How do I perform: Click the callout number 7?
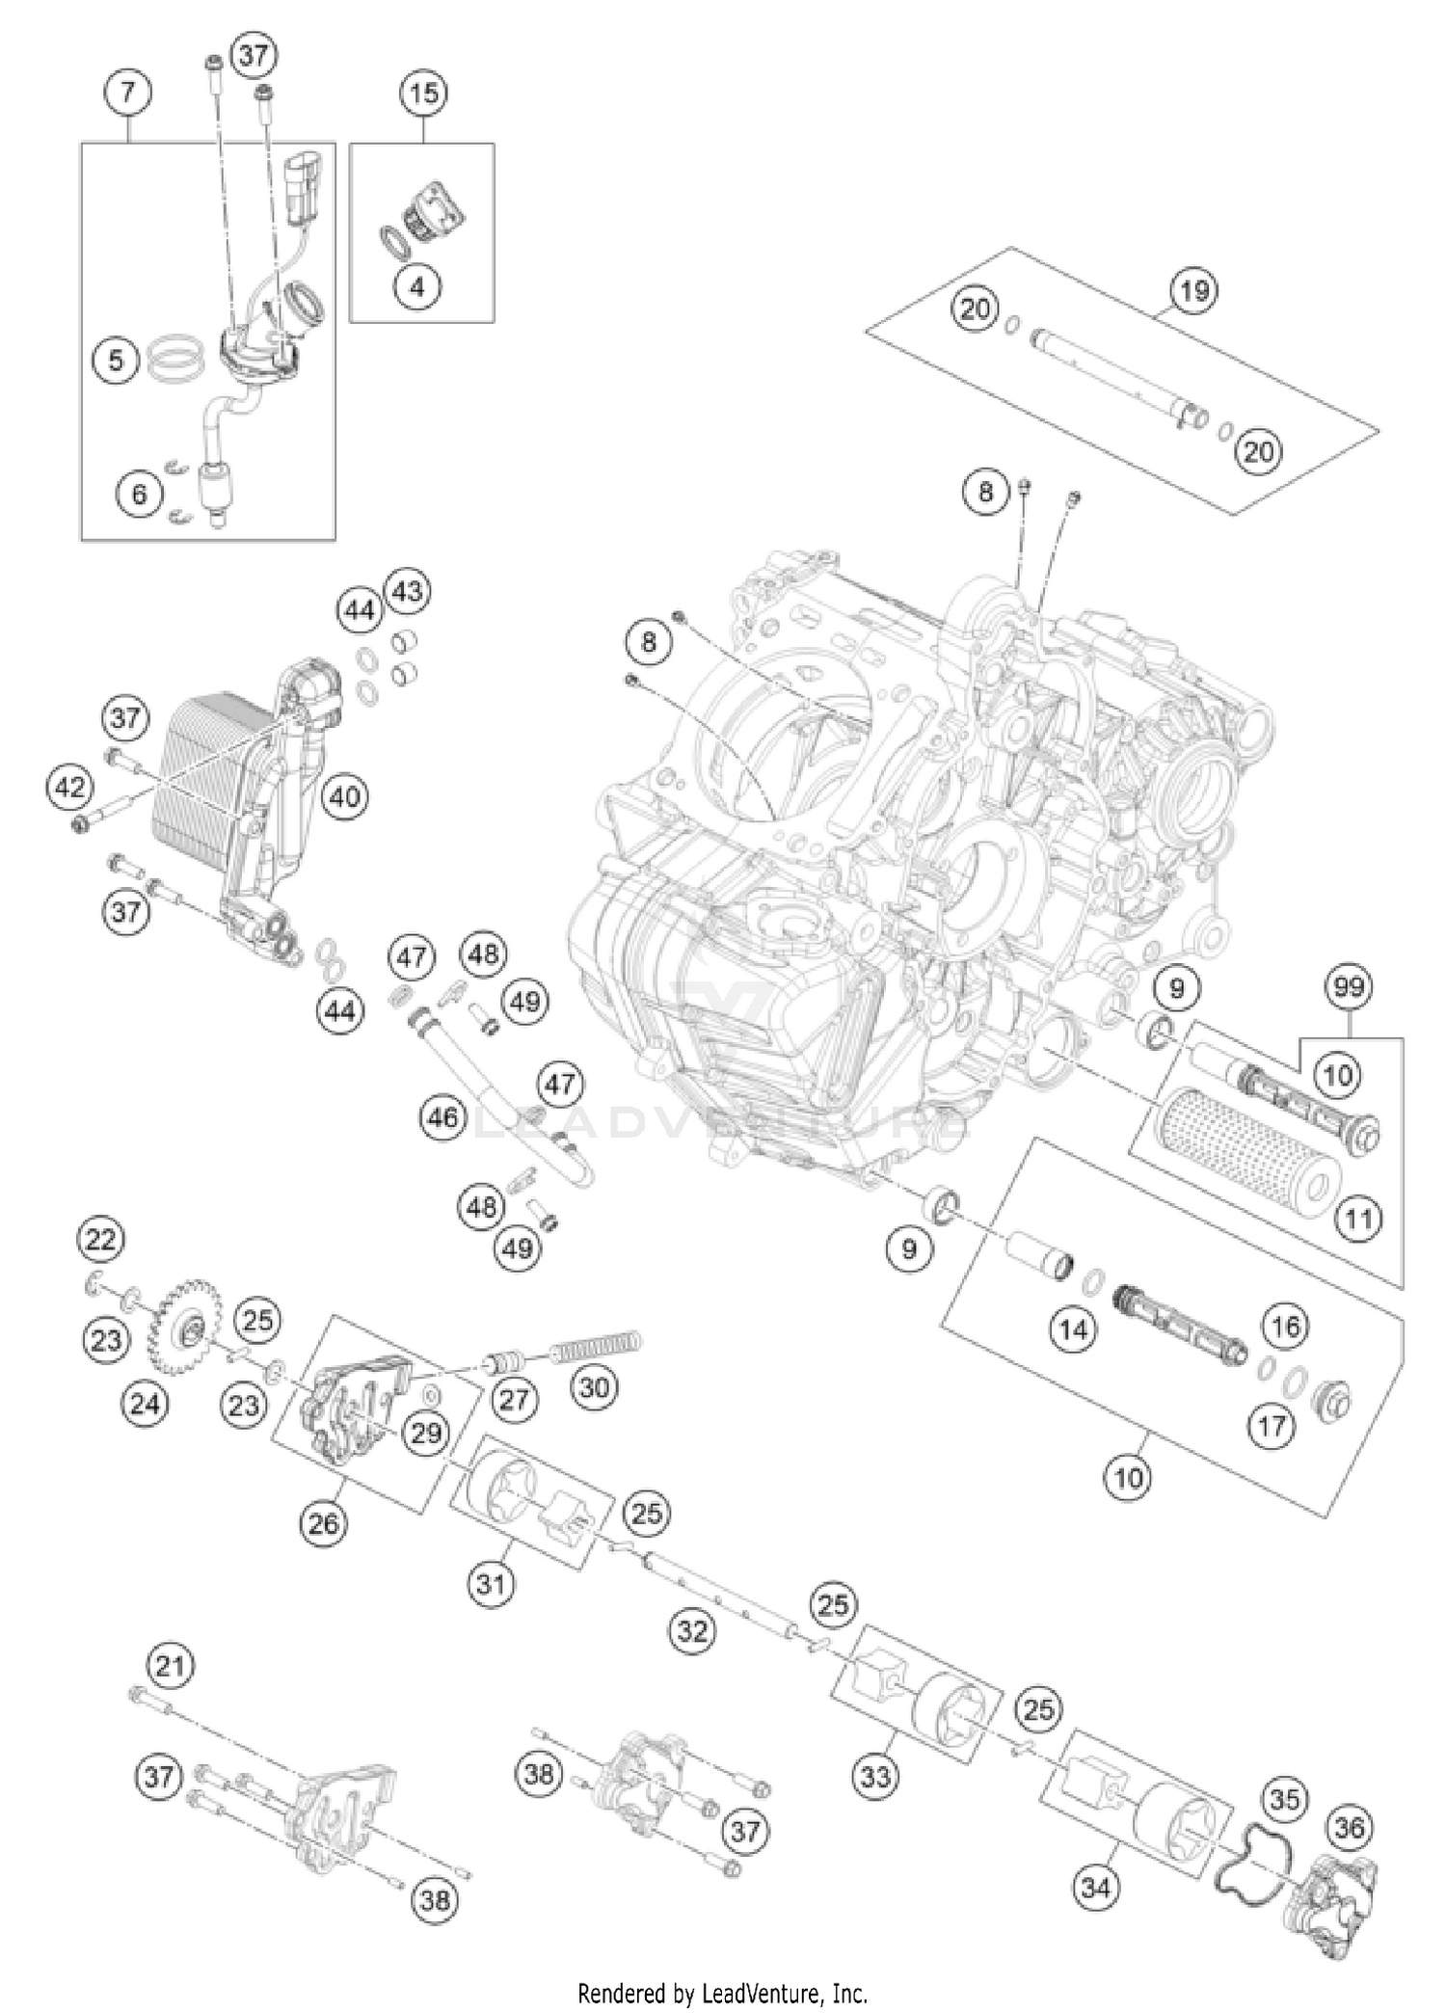coord(129,94)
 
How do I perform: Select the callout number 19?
coord(1193,290)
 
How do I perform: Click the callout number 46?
coord(443,1118)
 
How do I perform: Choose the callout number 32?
coord(692,1631)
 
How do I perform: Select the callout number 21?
coord(170,1665)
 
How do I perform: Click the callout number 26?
coord(323,1523)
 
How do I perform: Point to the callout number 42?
coord(69,788)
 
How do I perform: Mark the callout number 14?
coord(1072,1330)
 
